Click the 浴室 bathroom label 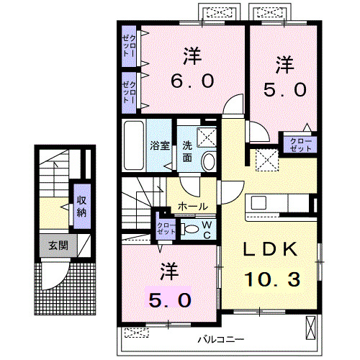[160, 145]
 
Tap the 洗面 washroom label [187, 151]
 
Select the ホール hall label [193, 207]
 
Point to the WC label [207, 230]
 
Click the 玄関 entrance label [58, 246]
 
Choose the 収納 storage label [81, 206]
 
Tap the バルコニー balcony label [221, 339]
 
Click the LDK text [271, 249]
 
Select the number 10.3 [272, 279]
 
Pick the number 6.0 [192, 81]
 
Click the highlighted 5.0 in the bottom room [170, 300]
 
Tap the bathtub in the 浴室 [134, 145]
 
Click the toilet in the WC [189, 229]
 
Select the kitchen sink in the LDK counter [258, 203]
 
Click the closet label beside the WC [166, 229]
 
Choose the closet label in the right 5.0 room [301, 145]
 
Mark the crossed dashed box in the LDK [267, 160]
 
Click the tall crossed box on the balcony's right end [311, 328]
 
